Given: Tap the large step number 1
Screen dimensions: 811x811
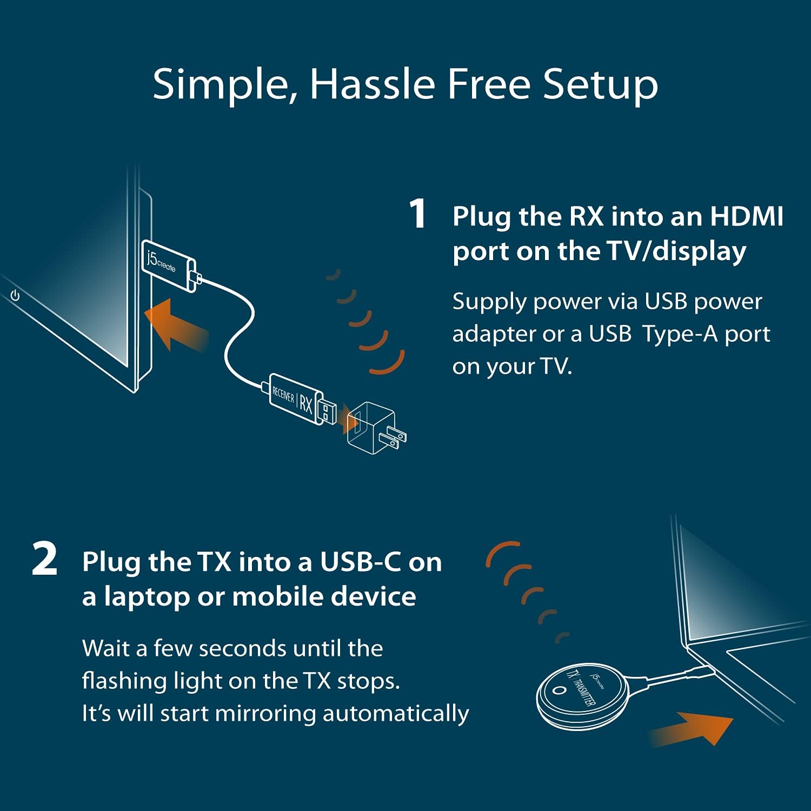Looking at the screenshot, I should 418,214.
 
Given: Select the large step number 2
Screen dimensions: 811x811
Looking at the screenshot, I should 44,560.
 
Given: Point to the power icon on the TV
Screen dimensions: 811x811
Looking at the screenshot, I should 15,296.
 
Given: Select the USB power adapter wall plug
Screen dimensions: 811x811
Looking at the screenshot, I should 373,427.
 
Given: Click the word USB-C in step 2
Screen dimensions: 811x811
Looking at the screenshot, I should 360,562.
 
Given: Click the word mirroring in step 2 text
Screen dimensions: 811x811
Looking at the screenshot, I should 265,713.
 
